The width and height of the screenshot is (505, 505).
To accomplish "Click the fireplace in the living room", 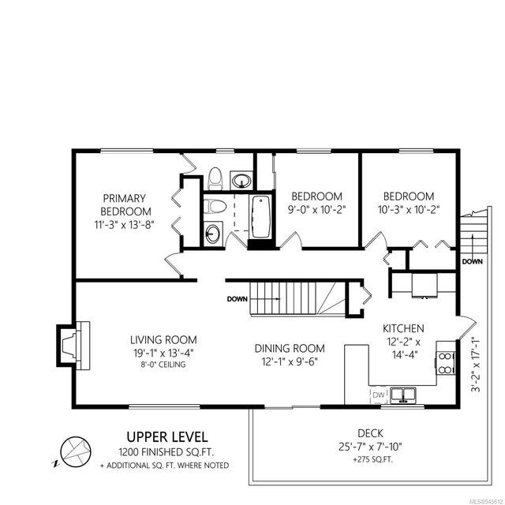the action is [73, 346].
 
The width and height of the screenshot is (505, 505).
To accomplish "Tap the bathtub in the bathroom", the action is [260, 217].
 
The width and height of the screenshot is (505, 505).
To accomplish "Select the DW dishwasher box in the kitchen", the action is [379, 395].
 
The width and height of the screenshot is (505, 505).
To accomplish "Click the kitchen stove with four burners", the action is [445, 362].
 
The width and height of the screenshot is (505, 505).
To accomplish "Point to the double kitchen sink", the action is [403, 395].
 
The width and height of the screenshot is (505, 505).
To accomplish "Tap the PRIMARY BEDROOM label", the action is [124, 205].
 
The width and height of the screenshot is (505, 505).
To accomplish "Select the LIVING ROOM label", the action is [163, 340].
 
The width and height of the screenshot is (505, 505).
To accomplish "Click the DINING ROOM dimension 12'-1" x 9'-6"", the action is [290, 361].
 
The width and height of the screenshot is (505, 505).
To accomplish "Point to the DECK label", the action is [370, 433].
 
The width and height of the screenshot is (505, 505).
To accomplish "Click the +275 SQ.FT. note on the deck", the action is [373, 459].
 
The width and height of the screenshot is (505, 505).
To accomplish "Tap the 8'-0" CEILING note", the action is [163, 365].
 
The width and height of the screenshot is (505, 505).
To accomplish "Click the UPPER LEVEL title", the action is [166, 437].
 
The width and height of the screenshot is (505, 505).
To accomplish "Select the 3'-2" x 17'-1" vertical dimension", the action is [476, 365].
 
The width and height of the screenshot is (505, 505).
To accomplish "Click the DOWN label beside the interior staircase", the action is [238, 299].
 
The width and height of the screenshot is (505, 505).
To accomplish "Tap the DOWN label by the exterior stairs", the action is [472, 261].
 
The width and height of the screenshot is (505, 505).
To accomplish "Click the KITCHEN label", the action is [403, 328].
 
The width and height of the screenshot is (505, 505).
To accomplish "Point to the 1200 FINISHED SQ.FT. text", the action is [166, 452].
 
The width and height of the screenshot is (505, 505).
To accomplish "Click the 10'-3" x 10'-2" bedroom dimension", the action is [409, 210].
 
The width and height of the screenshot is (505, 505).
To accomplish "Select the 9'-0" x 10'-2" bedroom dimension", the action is [316, 210].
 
